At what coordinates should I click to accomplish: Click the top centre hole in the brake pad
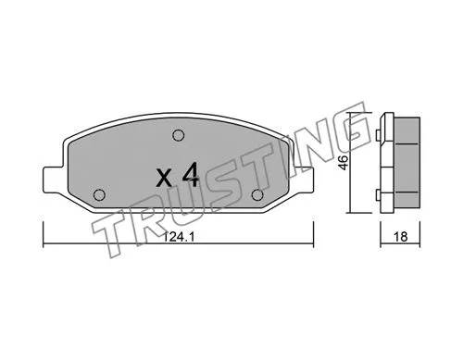pos(177,136)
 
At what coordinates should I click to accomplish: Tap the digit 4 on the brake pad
pos(190,175)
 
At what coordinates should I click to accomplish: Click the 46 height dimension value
pos(344,162)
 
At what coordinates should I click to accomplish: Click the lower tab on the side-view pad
pos(382,192)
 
